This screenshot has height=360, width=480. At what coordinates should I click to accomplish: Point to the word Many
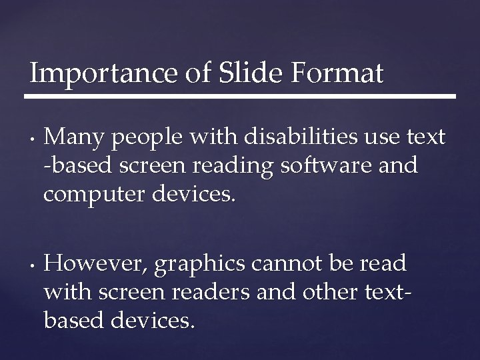pos(74,137)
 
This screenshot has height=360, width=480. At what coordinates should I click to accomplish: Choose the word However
pos(95,264)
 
